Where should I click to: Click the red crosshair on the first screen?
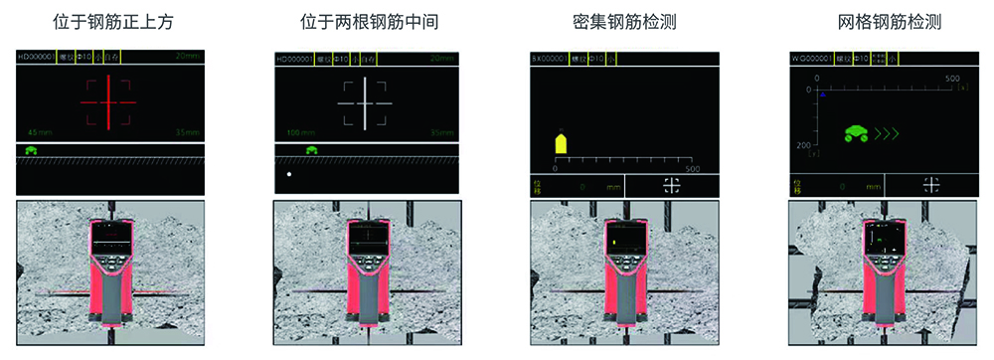pos(107,102)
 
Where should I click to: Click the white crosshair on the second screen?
pos(364,102)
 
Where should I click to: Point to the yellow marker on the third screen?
pos(561,143)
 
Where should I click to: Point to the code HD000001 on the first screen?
pos(36,59)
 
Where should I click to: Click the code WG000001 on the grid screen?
pos(810,59)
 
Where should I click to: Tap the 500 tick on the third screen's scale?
pos(693,168)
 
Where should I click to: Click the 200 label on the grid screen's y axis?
pos(805,145)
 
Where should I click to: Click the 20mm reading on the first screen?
pos(186,59)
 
